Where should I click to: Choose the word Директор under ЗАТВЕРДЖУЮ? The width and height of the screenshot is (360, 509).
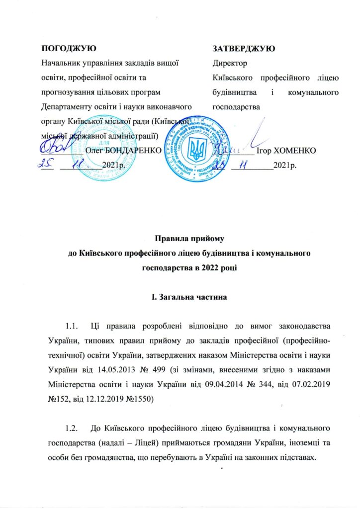(229, 64)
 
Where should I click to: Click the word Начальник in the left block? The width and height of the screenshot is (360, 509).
(62, 64)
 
